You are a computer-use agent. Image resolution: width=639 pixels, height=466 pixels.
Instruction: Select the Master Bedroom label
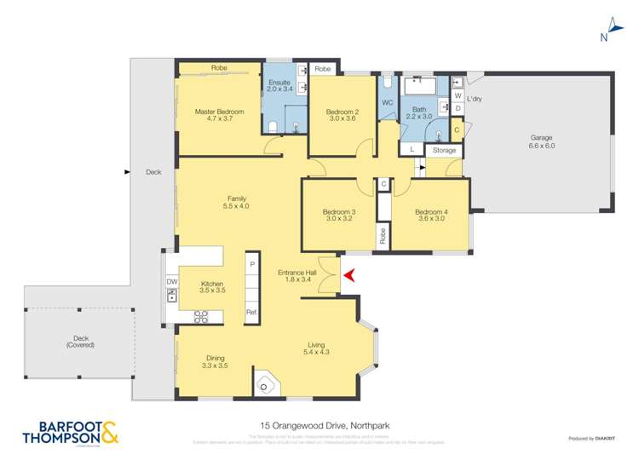click(219, 115)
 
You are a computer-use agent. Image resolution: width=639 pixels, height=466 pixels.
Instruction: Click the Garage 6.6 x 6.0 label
click(542, 141)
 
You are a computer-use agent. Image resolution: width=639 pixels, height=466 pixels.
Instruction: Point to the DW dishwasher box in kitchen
click(171, 281)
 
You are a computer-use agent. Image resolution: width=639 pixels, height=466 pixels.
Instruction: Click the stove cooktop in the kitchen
click(202, 317)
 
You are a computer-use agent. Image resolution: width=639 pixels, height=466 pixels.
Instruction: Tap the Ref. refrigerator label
click(251, 313)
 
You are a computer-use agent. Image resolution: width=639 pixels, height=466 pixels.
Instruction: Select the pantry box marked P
click(251, 265)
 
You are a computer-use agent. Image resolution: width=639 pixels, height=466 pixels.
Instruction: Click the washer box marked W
click(458, 95)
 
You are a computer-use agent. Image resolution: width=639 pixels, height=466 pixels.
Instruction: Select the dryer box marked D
click(458, 108)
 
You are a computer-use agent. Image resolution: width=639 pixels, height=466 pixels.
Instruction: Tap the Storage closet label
click(444, 151)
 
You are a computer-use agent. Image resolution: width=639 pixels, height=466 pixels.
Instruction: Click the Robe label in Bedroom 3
click(383, 235)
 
